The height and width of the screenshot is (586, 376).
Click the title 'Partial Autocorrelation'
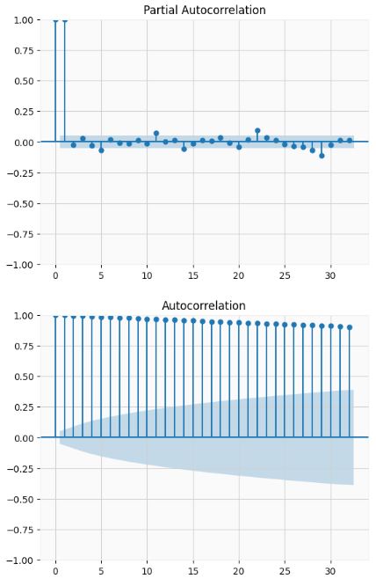(204, 10)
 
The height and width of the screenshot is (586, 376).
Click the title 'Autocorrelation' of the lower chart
(204, 305)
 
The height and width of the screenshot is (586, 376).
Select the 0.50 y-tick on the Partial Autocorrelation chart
(26, 81)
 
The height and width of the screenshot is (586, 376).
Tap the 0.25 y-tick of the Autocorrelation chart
(26, 407)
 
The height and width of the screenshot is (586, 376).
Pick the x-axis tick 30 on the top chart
(330, 276)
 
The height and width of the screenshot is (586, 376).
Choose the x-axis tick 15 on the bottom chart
(192, 572)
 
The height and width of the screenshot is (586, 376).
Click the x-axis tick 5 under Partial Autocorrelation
(101, 276)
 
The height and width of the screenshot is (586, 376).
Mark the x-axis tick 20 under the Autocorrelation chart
(239, 572)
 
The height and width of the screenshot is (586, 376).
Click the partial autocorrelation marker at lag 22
(257, 130)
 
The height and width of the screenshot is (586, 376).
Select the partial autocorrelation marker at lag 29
(322, 155)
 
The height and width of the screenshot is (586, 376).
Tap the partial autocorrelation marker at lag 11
(156, 134)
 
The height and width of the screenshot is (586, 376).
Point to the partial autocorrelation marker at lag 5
(101, 150)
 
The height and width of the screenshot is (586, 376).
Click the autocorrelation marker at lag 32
(349, 327)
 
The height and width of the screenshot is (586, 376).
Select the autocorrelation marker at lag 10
(147, 319)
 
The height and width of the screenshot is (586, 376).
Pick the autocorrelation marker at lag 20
(239, 323)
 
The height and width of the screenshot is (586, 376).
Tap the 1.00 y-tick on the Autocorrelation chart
(26, 315)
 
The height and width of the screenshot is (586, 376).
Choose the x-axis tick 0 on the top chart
(55, 276)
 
